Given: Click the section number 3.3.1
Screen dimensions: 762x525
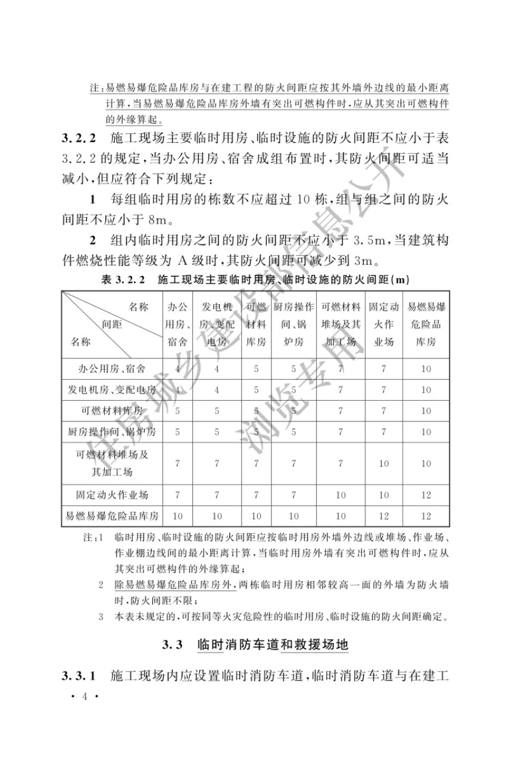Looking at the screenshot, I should [x=79, y=676].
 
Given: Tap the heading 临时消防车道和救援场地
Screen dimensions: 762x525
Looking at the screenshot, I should [x=273, y=645].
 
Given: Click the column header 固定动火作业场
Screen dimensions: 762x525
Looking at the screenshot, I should [x=383, y=324].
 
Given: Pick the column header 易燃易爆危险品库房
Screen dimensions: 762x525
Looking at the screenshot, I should [x=426, y=324].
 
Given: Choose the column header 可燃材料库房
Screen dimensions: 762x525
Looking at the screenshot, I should [x=256, y=324].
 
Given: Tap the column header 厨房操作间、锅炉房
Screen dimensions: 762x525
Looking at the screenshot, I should [x=293, y=324].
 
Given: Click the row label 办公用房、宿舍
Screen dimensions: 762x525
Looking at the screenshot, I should [x=112, y=368].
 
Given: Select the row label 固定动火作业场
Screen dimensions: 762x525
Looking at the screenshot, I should [x=112, y=495].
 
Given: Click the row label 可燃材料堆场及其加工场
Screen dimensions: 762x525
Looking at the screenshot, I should [x=112, y=463].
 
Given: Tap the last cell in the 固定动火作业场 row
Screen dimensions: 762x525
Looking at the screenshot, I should [x=426, y=495].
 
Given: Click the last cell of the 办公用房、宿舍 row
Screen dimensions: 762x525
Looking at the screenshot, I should [x=426, y=368].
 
